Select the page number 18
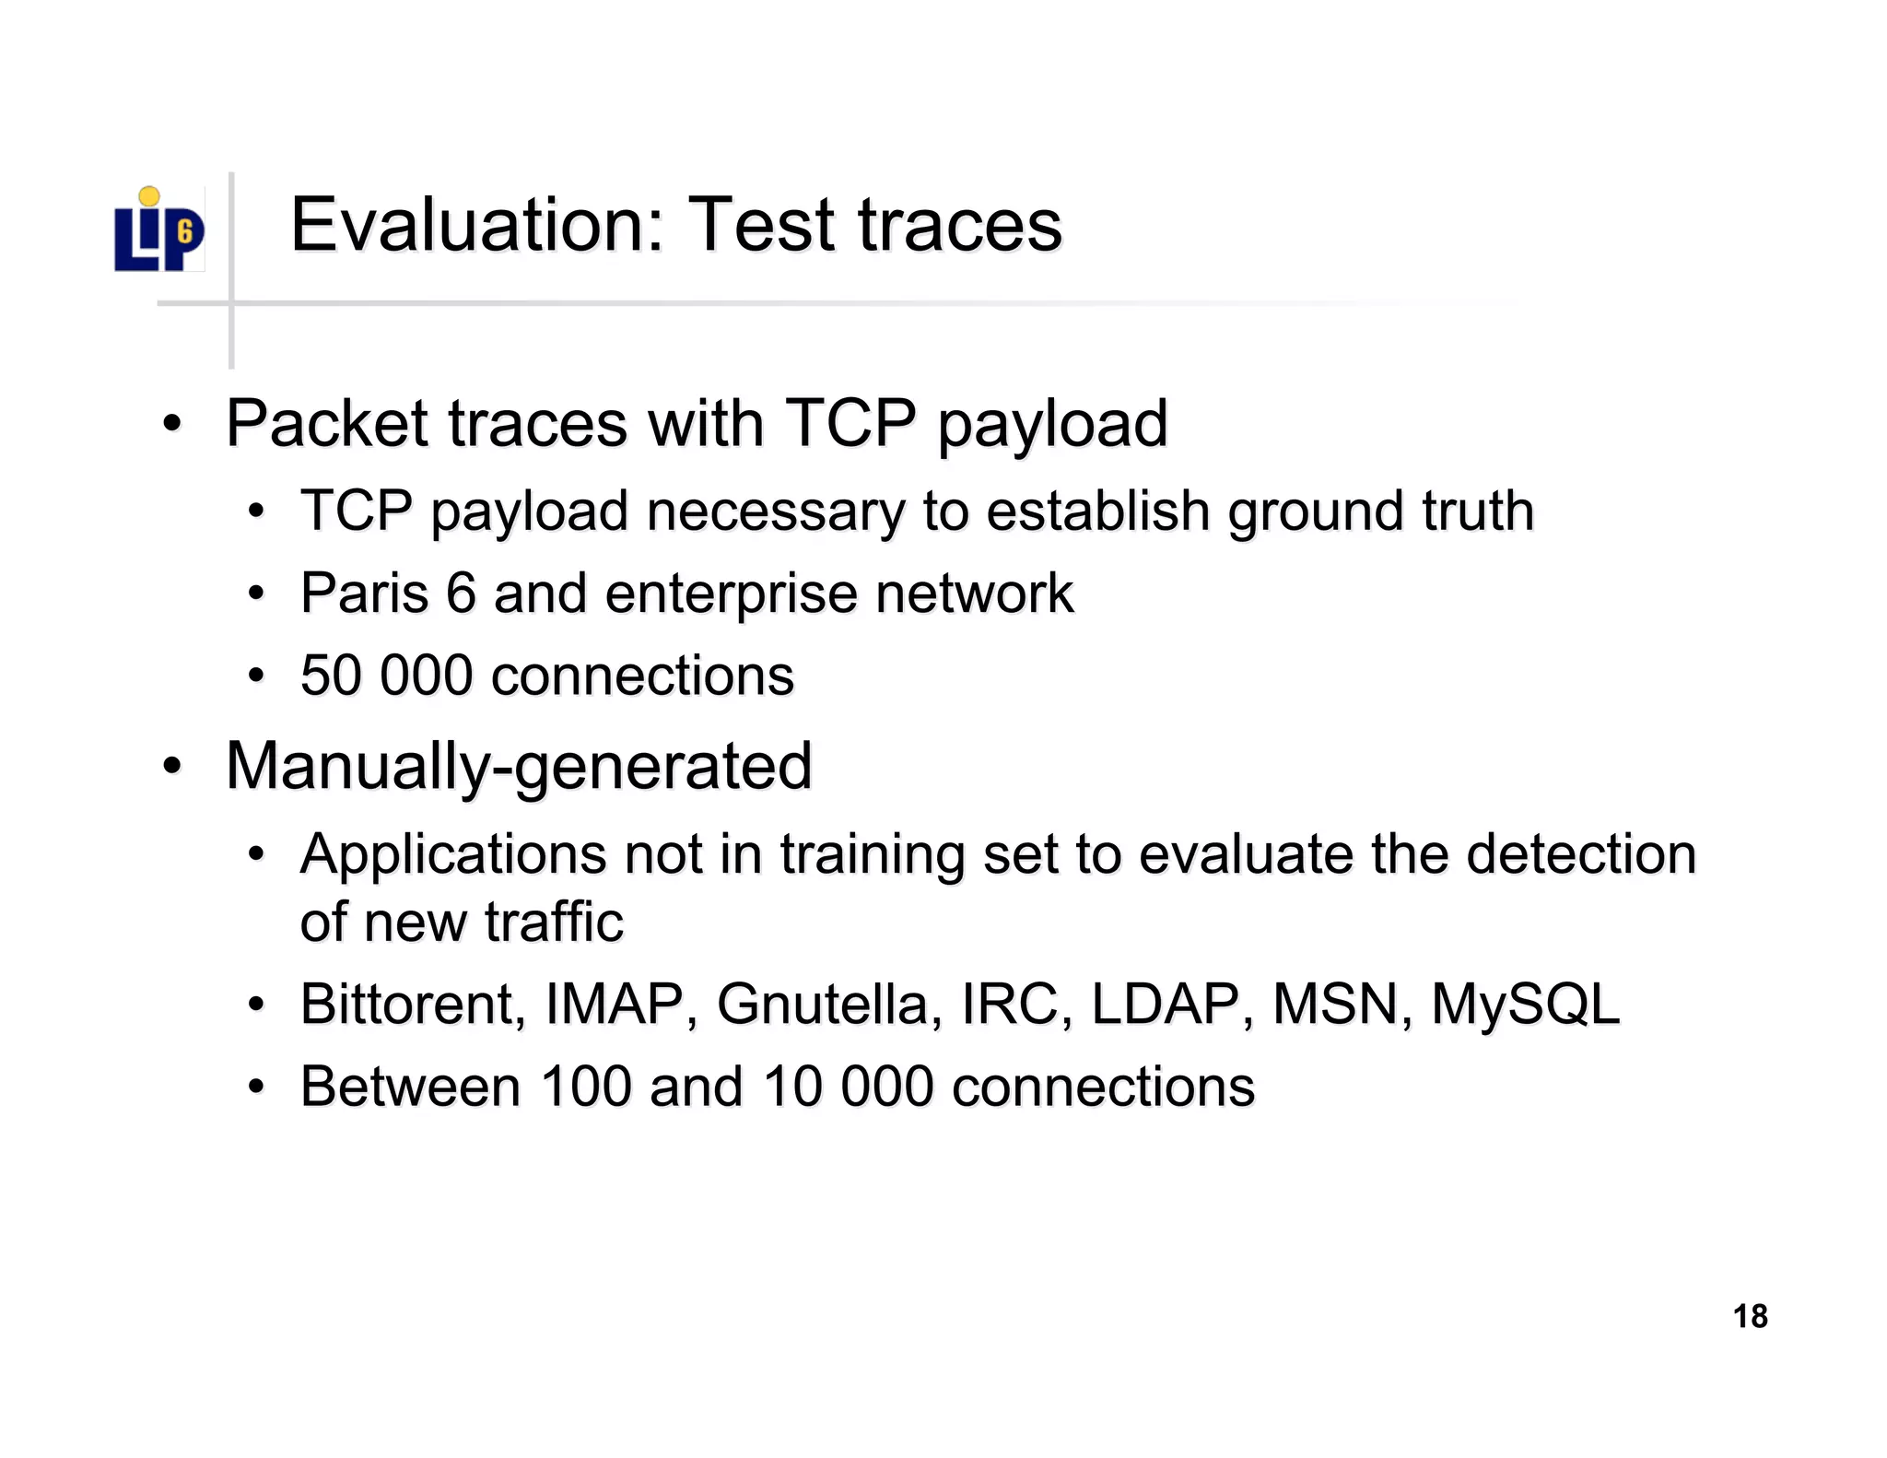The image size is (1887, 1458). point(1750,1316)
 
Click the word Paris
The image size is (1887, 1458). point(365,593)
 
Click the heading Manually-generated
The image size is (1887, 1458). point(519,767)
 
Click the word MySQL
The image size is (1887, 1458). point(1525,1004)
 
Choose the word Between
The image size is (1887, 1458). point(410,1086)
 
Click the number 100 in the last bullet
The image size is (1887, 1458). point(584,1086)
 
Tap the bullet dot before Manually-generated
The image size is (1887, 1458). point(171,767)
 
